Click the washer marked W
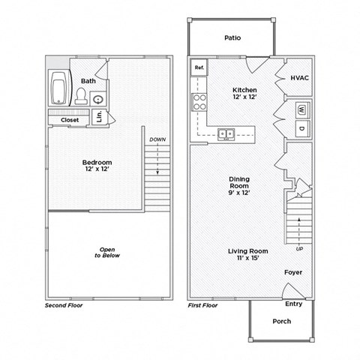pyautogui.click(x=301, y=108)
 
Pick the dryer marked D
pyautogui.click(x=301, y=128)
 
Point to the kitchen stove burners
pyautogui.click(x=200, y=102)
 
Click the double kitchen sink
pyautogui.click(x=226, y=135)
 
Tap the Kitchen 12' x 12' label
pyautogui.click(x=244, y=94)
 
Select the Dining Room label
pyautogui.click(x=239, y=185)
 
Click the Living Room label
pyautogui.click(x=248, y=254)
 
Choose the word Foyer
pyautogui.click(x=292, y=271)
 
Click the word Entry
pyautogui.click(x=294, y=304)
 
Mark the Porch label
pyautogui.click(x=281, y=321)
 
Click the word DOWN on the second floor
pyautogui.click(x=157, y=139)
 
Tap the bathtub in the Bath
pyautogui.click(x=58, y=88)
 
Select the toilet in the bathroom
pyautogui.click(x=81, y=96)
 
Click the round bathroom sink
pyautogui.click(x=98, y=98)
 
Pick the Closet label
pyautogui.click(x=70, y=119)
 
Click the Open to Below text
pyautogui.click(x=107, y=252)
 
